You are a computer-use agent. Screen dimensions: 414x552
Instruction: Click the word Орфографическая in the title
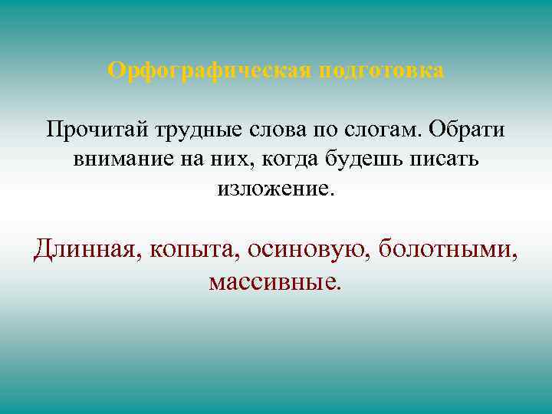tap(208, 71)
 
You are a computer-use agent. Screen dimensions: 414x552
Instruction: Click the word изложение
tap(275, 188)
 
